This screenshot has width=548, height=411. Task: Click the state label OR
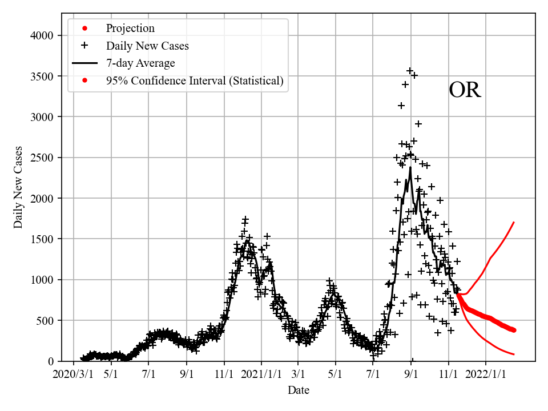tap(465, 91)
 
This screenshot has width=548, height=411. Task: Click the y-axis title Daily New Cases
tap(18, 187)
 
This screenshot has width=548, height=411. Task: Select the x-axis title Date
tap(299, 390)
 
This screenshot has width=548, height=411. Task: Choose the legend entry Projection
tap(130, 29)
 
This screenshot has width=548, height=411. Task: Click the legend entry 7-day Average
tap(140, 63)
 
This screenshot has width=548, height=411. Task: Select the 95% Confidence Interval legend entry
tap(194, 81)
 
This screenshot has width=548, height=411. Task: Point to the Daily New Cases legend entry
tap(147, 46)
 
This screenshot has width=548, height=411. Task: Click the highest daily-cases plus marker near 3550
tap(410, 71)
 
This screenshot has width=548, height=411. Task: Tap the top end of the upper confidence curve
tap(514, 222)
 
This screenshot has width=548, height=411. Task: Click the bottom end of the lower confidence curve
tap(514, 354)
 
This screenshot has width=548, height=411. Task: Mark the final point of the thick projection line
tap(514, 330)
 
